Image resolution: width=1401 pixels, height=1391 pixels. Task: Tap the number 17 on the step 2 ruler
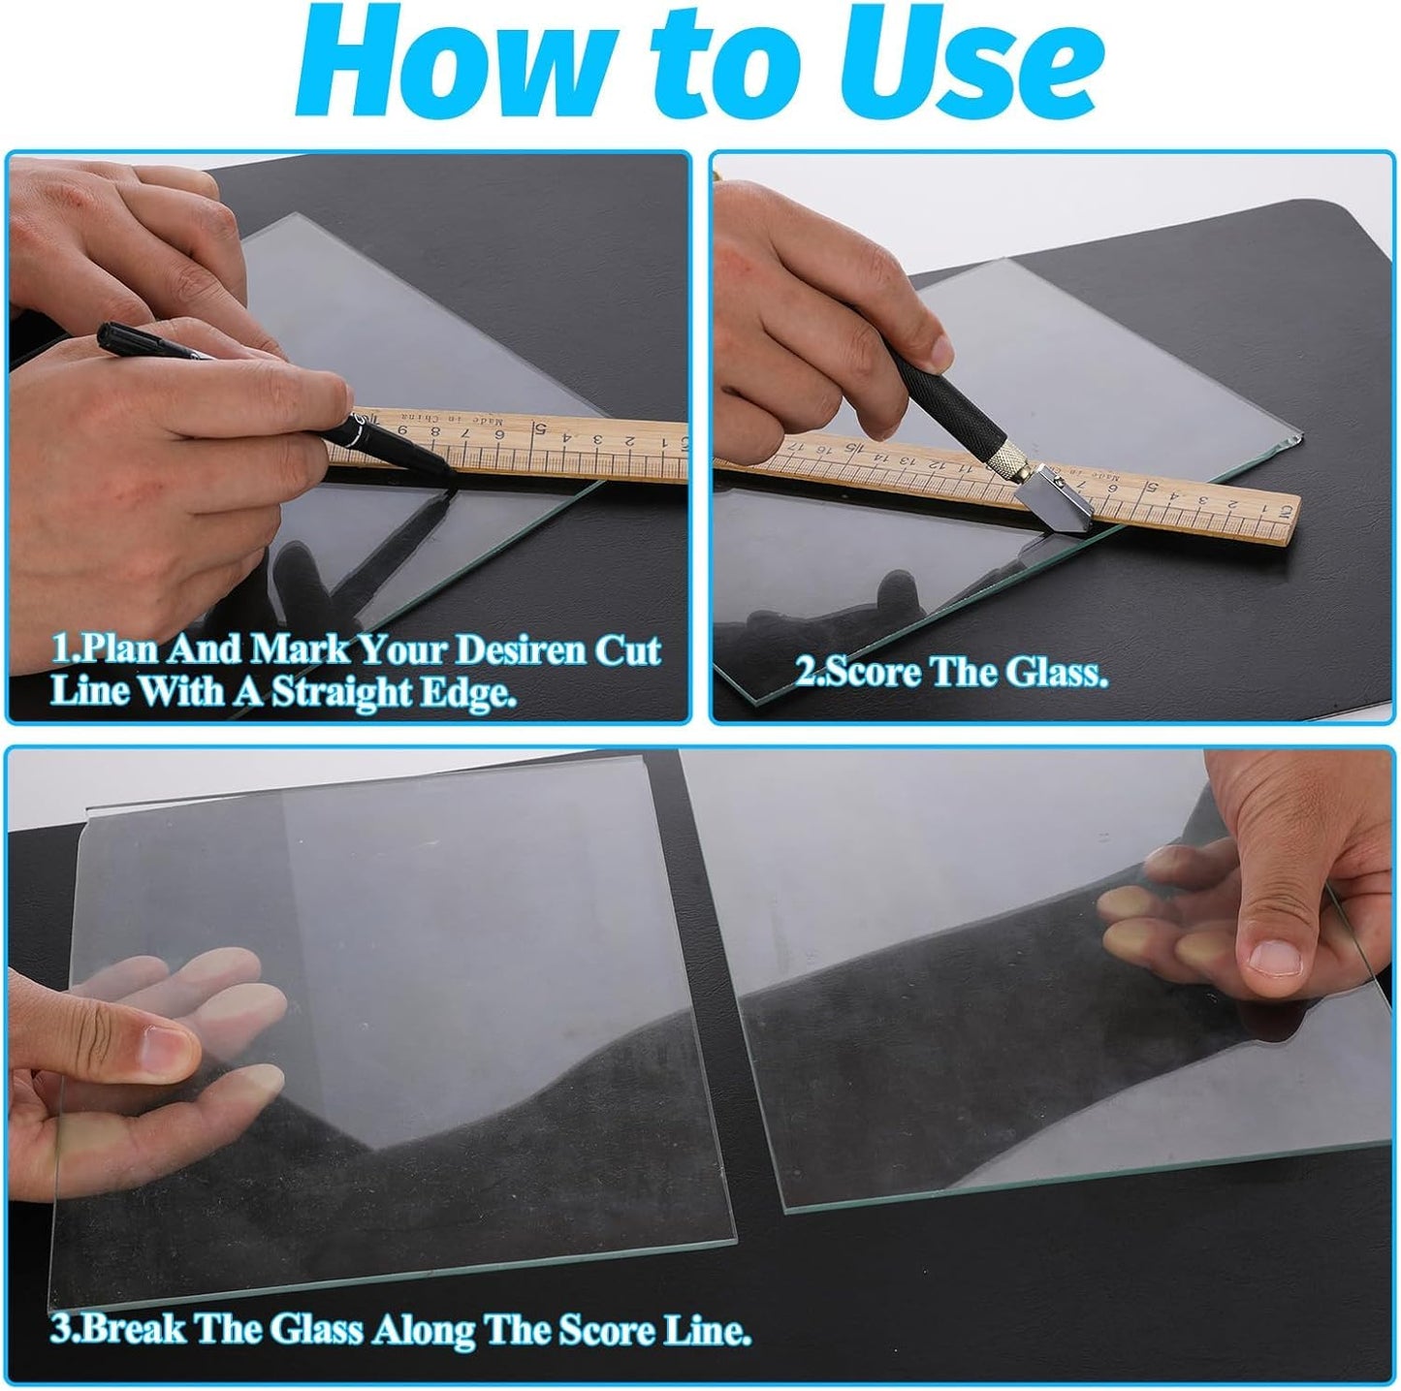point(796,446)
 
